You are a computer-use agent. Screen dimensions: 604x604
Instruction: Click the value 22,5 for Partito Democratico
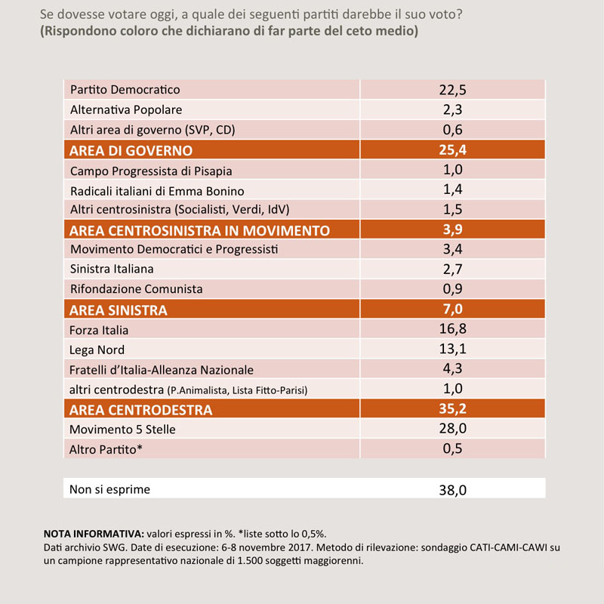coord(452,90)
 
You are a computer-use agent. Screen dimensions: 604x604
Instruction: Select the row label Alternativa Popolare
coord(126,109)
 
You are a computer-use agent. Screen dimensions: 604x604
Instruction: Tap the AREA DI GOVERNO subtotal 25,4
coord(452,149)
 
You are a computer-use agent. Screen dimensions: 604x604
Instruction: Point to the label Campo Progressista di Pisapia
coord(151,171)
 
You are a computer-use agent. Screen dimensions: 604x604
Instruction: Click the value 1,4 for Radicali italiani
coord(452,190)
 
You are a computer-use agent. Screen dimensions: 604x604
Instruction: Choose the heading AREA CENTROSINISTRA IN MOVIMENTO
coord(199,230)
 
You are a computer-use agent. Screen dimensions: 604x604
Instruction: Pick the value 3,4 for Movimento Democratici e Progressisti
coord(452,249)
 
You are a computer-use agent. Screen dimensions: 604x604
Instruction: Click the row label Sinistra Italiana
coord(112,269)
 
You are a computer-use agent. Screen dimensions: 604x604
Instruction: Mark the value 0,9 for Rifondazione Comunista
coord(452,289)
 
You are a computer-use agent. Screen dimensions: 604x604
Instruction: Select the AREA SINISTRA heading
coord(119,310)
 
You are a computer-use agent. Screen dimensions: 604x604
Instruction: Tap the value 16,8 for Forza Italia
coord(452,329)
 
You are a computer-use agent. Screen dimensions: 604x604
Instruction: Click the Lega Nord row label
coord(97,350)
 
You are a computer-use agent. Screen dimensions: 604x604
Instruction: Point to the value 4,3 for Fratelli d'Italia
coord(452,368)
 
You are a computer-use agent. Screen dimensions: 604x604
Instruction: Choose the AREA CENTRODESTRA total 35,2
coord(452,408)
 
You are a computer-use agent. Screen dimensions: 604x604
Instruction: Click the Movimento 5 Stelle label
coord(122,430)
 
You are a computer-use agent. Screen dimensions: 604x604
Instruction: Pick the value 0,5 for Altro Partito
coord(452,448)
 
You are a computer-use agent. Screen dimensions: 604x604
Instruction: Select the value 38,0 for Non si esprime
coord(452,490)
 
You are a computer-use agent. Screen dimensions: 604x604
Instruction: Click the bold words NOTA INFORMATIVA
coord(94,534)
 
